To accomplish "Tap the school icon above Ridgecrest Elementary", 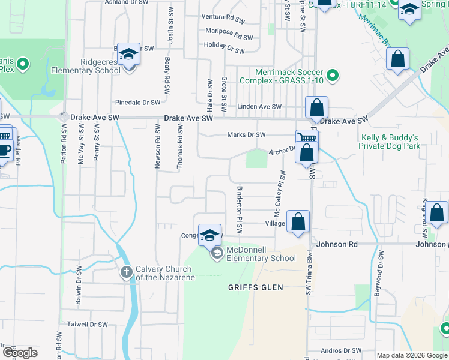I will [128, 55].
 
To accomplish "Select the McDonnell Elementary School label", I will [260, 254].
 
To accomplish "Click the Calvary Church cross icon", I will [126, 272].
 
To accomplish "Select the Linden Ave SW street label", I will [259, 107].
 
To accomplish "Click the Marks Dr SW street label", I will [246, 134].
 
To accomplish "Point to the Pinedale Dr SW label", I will [138, 103].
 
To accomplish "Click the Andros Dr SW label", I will [341, 350].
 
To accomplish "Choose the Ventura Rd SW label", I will [223, 19].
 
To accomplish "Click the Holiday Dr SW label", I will [224, 48].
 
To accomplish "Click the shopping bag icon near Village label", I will [298, 222].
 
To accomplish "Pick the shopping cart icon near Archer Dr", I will [306, 137].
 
